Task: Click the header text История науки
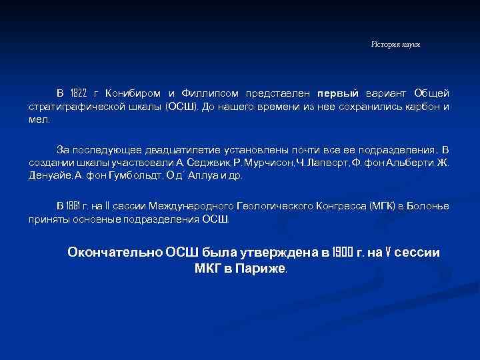[x=395, y=44]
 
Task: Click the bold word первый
[x=338, y=92]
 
